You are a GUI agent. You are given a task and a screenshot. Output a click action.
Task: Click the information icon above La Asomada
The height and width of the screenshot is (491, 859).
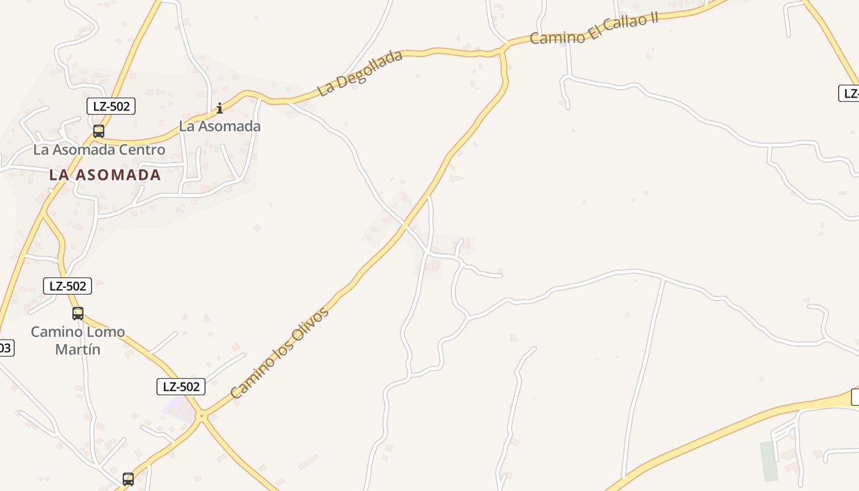click(219, 109)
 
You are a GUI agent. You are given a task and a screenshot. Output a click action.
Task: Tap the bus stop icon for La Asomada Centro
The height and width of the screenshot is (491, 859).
click(98, 131)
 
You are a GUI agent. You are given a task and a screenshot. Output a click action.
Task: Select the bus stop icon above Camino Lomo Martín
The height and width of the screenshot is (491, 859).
click(78, 313)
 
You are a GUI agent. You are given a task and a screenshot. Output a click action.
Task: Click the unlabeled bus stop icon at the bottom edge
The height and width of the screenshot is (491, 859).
click(128, 479)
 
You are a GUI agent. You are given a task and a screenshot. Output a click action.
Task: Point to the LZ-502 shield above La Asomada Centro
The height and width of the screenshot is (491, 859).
click(111, 106)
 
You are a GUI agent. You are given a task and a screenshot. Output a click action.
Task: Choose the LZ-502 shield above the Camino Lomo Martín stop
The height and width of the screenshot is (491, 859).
click(67, 285)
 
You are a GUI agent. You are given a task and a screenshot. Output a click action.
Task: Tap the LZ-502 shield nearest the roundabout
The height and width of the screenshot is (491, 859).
click(180, 387)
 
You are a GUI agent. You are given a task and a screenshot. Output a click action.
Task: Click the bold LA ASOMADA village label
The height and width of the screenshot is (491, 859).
click(105, 175)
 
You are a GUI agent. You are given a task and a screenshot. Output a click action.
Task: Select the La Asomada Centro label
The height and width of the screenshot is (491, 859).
click(99, 150)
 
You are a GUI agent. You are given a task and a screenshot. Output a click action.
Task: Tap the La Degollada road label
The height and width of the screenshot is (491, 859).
click(360, 73)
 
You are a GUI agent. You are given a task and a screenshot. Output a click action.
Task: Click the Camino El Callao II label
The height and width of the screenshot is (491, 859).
click(593, 28)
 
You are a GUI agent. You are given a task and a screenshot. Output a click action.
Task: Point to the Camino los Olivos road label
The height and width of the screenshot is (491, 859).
click(280, 352)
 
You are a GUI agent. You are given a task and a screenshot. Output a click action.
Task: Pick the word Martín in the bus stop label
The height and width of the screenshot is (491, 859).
click(78, 349)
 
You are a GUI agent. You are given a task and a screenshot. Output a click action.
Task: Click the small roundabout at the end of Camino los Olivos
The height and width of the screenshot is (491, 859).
click(201, 416)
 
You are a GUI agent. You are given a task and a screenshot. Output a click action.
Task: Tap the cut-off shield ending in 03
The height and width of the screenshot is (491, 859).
click(6, 348)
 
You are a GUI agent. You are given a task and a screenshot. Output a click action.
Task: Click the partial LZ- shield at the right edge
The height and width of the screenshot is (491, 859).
click(850, 93)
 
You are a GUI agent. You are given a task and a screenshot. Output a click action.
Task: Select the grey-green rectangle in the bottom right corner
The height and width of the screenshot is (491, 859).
click(769, 461)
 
